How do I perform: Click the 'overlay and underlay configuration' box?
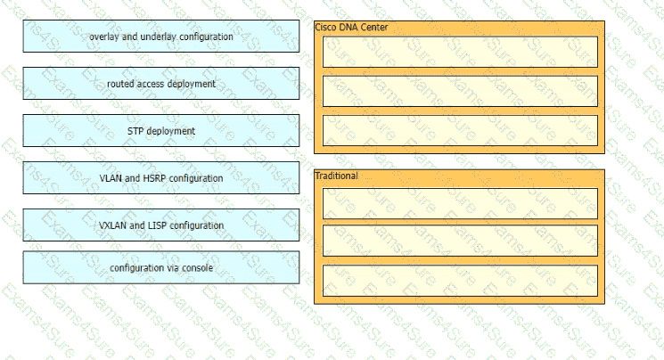click(161, 37)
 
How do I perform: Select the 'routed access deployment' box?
click(161, 84)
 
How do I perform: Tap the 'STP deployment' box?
click(161, 131)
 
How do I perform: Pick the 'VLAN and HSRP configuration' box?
click(161, 178)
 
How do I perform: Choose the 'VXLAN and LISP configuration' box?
click(161, 225)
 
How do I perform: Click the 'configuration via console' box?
click(161, 267)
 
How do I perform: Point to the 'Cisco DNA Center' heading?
click(351, 27)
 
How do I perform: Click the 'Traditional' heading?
click(336, 176)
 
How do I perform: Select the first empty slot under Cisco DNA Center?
click(460, 52)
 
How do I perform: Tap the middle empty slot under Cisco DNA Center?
click(460, 91)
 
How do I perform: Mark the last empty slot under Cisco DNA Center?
click(460, 130)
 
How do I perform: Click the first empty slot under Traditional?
click(460, 204)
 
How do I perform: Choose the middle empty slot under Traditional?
click(460, 241)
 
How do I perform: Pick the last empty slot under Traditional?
click(460, 281)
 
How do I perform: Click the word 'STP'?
click(135, 131)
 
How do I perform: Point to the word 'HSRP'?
click(155, 178)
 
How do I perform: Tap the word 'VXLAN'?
click(112, 225)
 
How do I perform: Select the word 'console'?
click(197, 268)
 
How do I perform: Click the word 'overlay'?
click(104, 37)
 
